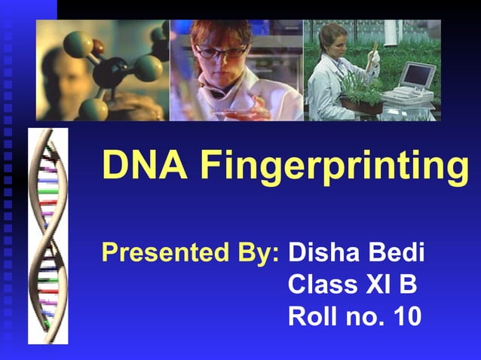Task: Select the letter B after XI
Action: [x=409, y=285]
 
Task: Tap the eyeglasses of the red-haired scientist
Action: [x=222, y=52]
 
